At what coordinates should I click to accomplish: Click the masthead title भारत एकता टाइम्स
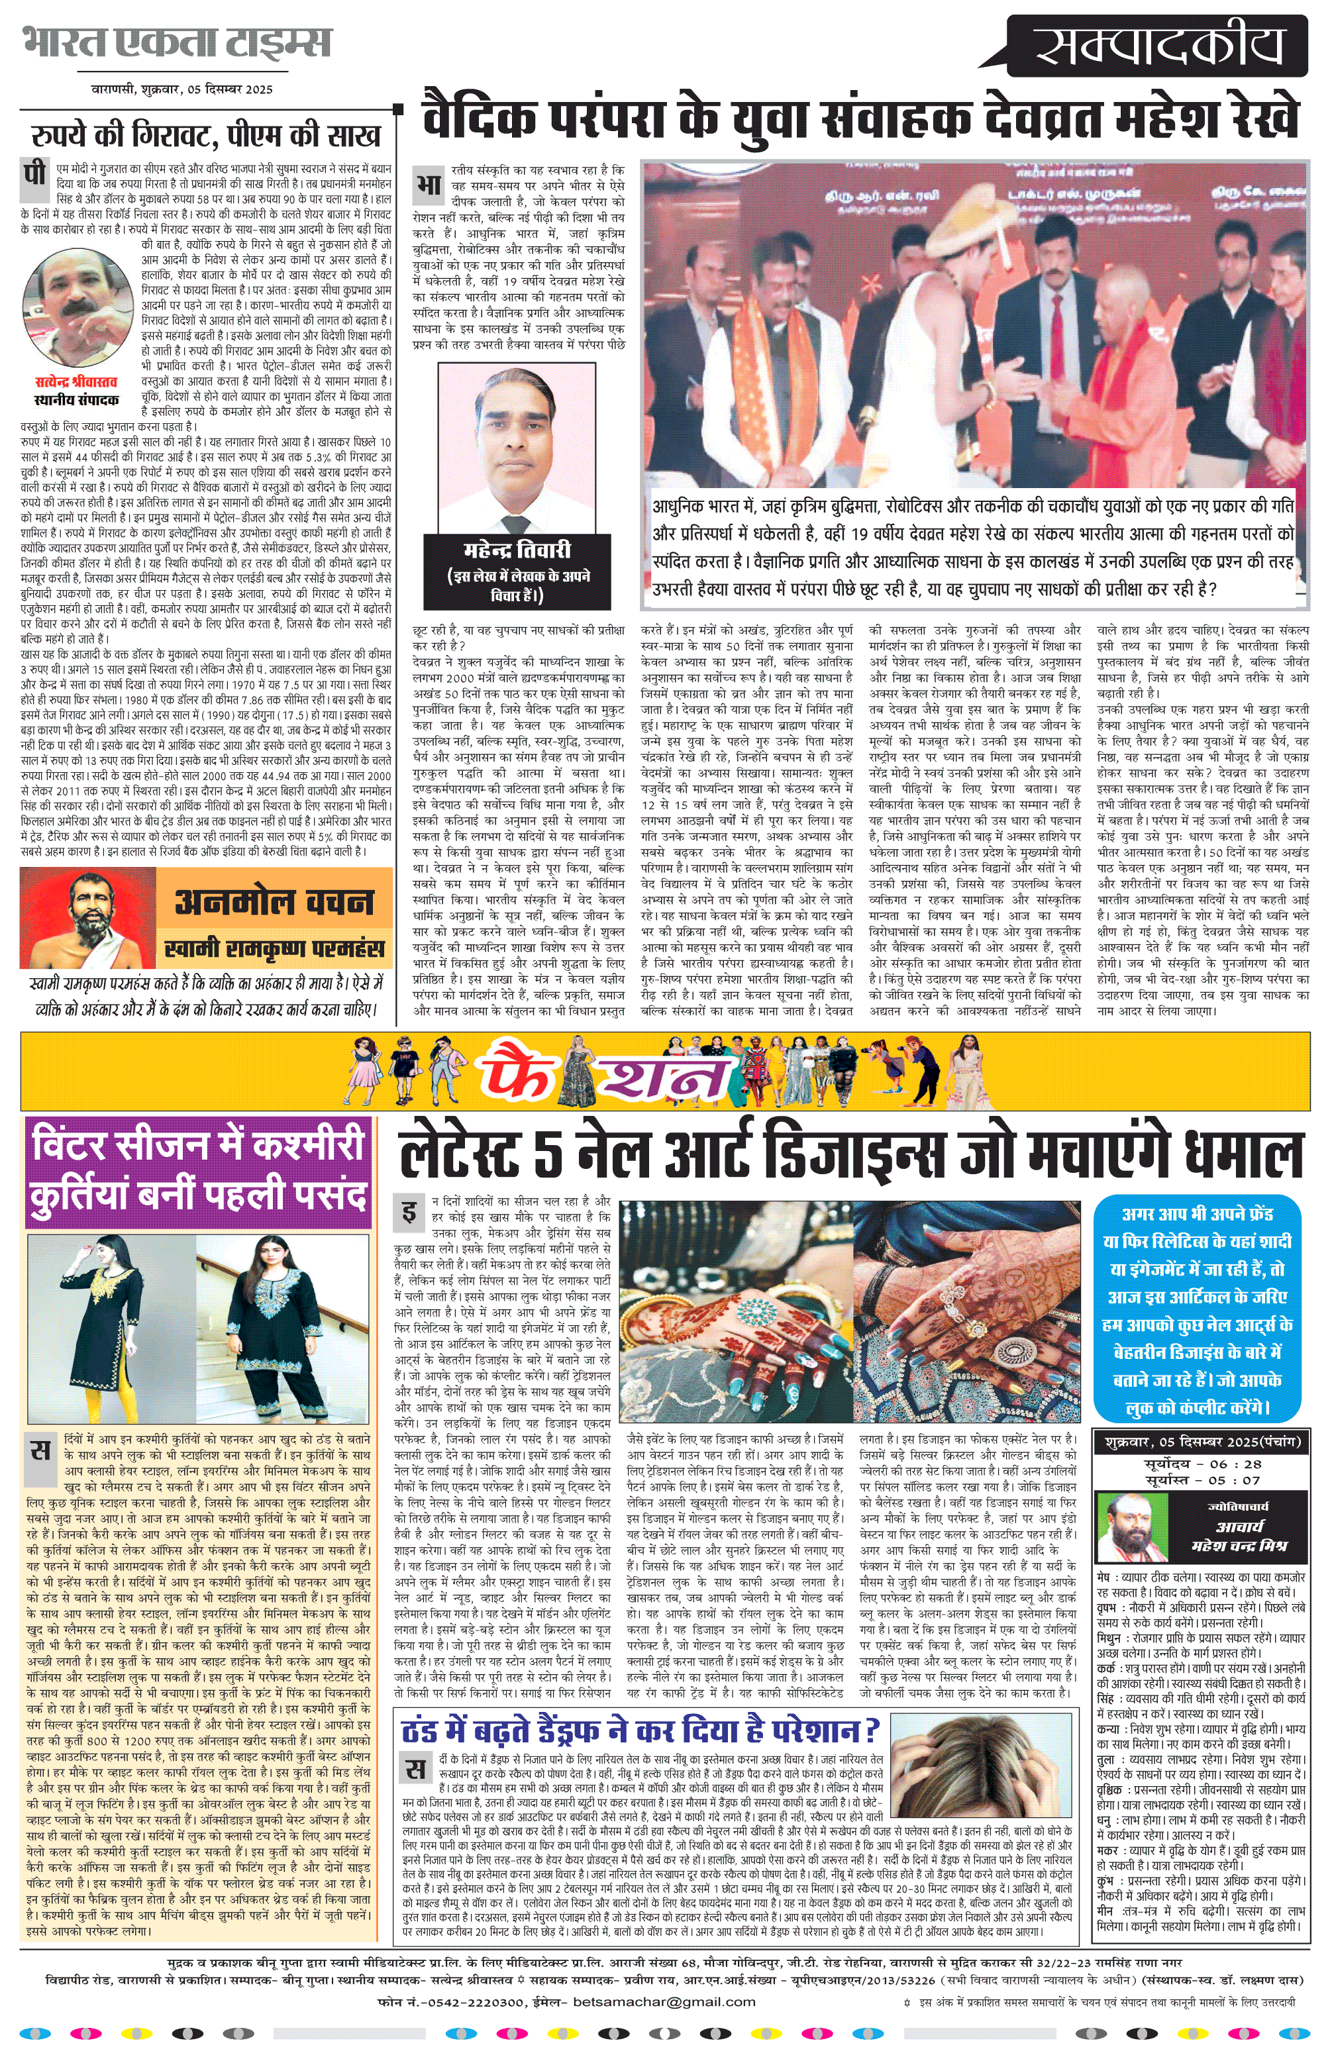click(x=178, y=43)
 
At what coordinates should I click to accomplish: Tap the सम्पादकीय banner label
click(x=1160, y=48)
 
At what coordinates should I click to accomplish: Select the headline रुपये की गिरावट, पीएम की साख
click(x=206, y=134)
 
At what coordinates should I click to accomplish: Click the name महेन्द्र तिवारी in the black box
click(x=517, y=550)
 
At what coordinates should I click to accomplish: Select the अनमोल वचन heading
click(x=274, y=902)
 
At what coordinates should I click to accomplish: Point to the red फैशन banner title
click(x=604, y=1072)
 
